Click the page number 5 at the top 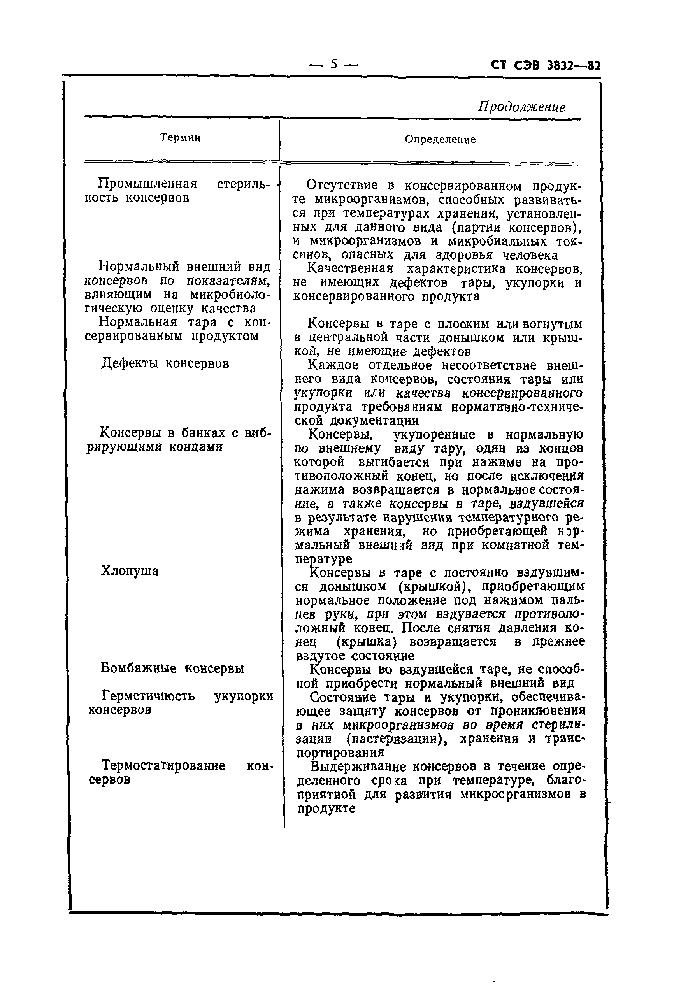(333, 64)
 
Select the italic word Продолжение (521, 107)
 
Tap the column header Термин (180, 138)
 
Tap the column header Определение (440, 139)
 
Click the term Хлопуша (130, 571)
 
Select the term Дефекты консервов (165, 363)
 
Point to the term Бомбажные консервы (172, 668)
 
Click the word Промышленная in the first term (147, 184)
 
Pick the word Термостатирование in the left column (163, 765)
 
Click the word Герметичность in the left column (148, 696)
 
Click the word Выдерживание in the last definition (358, 766)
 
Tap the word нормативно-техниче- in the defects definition (518, 407)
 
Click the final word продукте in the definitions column (326, 808)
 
